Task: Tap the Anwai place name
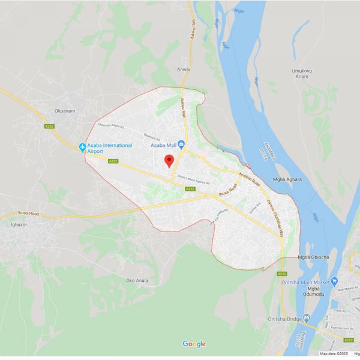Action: (x=184, y=69)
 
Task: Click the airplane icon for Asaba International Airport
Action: (x=83, y=147)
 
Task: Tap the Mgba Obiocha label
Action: (x=314, y=257)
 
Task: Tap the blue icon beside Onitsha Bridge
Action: (x=308, y=317)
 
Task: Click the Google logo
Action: (x=194, y=344)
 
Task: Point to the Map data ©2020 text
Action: (x=331, y=354)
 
